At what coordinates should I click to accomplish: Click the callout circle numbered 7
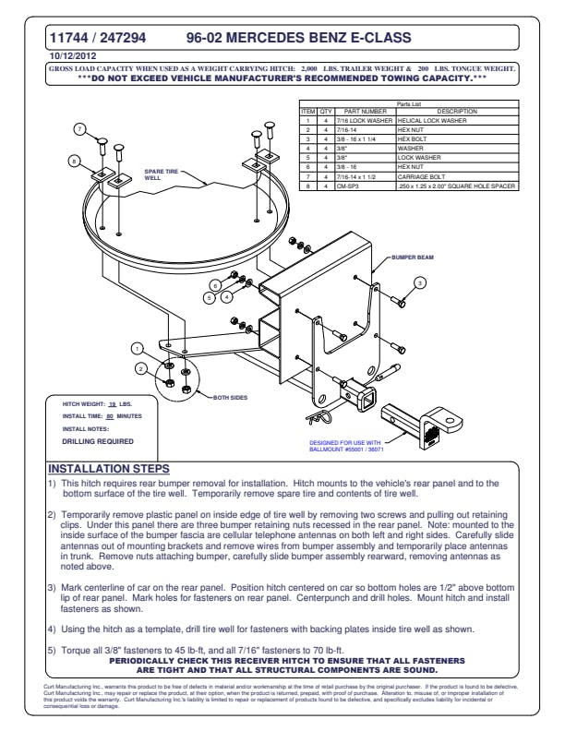(80, 128)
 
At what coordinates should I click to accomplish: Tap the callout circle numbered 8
(75, 161)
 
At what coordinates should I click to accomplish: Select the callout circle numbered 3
(418, 282)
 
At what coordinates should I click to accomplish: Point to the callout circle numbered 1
(137, 349)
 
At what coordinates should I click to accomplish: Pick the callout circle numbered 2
(141, 368)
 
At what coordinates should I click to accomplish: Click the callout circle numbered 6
(215, 285)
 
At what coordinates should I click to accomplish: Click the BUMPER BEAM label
(412, 256)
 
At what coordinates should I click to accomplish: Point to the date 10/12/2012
(71, 56)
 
